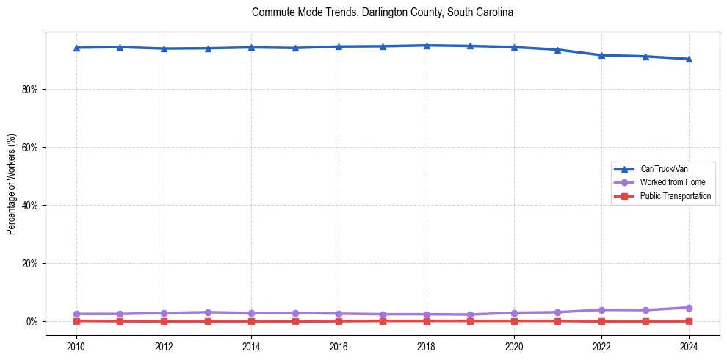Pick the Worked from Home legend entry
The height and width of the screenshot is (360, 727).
click(x=673, y=182)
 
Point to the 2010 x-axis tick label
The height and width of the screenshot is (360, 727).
click(x=76, y=345)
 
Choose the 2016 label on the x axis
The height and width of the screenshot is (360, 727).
click(x=339, y=345)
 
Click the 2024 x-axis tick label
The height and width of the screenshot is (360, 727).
click(x=689, y=345)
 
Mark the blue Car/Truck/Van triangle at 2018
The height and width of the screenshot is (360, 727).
click(x=427, y=46)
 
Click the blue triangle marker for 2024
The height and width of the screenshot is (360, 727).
click(x=689, y=59)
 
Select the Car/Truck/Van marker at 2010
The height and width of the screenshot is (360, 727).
click(x=76, y=48)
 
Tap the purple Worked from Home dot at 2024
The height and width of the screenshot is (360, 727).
click(x=689, y=308)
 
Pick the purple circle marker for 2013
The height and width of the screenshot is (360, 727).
click(x=208, y=312)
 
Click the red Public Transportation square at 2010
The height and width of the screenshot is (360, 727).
click(x=76, y=320)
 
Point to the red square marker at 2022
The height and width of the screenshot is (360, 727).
click(x=601, y=321)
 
